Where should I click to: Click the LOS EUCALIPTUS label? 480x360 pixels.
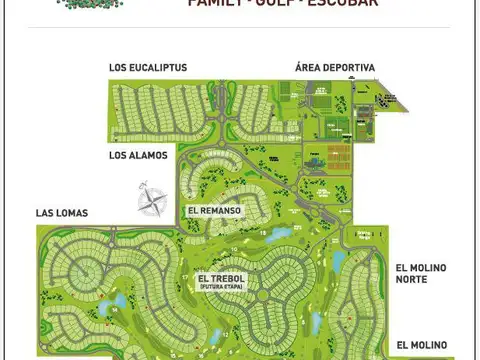coord(148,68)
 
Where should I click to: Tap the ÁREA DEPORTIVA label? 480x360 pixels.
coord(335,68)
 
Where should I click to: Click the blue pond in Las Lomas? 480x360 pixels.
coord(121,299)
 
